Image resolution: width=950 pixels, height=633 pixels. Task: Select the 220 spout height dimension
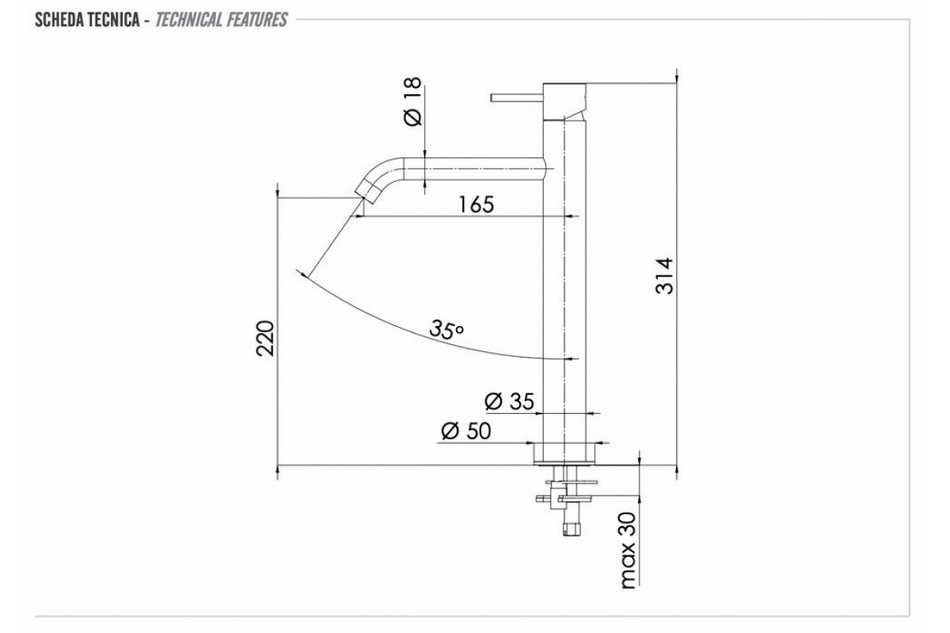pyautogui.click(x=266, y=339)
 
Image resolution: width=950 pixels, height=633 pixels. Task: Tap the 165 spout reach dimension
pyautogui.click(x=477, y=204)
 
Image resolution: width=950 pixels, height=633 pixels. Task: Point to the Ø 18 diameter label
pyautogui.click(x=412, y=101)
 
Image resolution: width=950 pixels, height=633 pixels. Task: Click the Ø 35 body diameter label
pyautogui.click(x=509, y=401)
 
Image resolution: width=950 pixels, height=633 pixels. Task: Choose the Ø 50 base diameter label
pyautogui.click(x=466, y=431)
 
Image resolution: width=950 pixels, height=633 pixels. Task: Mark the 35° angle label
pyautogui.click(x=446, y=329)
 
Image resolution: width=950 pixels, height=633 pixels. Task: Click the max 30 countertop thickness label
pyautogui.click(x=629, y=551)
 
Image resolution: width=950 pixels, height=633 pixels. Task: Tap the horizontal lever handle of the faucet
pyautogui.click(x=517, y=98)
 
